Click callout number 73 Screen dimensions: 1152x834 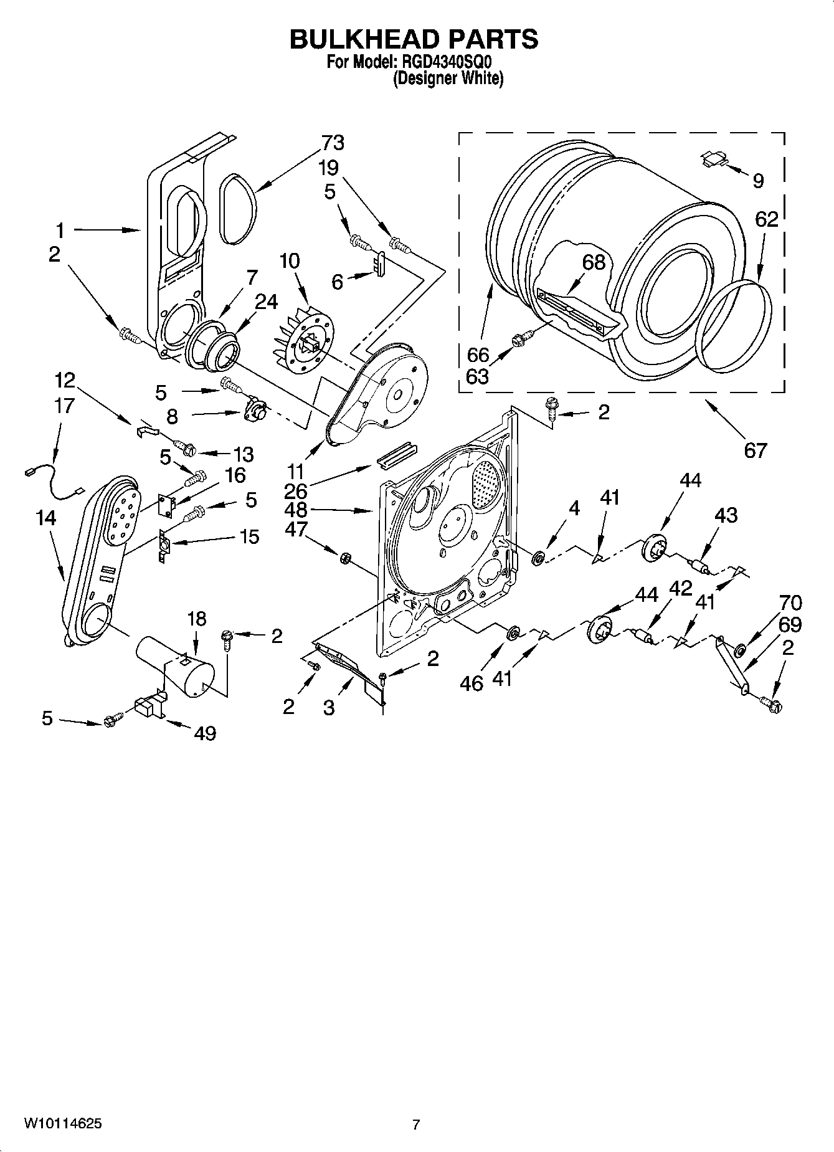coord(333,143)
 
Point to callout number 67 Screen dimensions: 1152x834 coord(755,449)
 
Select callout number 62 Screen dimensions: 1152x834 coord(767,219)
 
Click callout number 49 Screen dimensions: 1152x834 coord(205,733)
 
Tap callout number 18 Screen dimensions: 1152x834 coord(196,619)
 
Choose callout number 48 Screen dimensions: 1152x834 coord(296,510)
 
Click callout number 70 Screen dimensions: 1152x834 coord(790,602)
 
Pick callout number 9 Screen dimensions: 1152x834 coord(758,181)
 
